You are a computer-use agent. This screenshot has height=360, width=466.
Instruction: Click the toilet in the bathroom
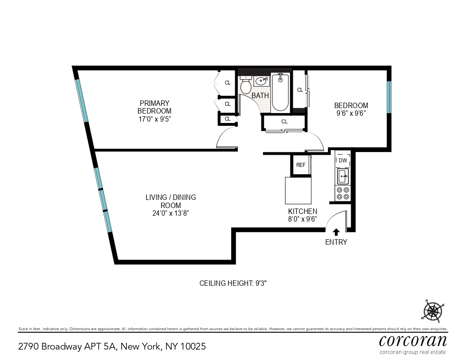click(x=246, y=85)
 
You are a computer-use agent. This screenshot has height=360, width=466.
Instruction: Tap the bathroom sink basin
click(x=261, y=81)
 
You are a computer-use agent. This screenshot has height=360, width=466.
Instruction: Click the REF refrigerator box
click(x=301, y=165)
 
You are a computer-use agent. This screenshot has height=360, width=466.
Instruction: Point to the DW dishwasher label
click(x=343, y=160)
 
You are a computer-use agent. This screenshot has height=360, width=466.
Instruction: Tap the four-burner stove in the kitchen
click(x=343, y=194)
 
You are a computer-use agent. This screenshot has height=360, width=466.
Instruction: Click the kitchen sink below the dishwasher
click(x=343, y=175)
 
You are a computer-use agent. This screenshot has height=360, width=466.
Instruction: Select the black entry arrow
click(x=336, y=232)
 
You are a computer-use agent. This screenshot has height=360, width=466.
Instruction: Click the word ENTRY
click(x=336, y=242)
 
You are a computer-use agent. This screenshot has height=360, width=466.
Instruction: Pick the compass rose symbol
click(x=433, y=311)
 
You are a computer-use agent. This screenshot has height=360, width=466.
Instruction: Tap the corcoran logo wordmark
click(x=413, y=340)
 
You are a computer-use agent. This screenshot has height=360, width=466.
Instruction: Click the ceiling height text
click(x=235, y=283)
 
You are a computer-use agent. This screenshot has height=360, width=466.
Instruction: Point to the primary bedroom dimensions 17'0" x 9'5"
click(x=154, y=119)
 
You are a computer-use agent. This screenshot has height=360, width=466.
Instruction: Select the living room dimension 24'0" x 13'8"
click(x=171, y=213)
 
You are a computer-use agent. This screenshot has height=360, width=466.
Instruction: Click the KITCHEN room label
click(x=303, y=211)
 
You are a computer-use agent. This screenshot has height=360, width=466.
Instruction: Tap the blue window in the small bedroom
click(x=389, y=97)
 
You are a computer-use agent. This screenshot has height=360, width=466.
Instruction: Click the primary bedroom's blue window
click(x=82, y=100)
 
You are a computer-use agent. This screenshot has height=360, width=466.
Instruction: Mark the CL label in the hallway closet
click(x=285, y=122)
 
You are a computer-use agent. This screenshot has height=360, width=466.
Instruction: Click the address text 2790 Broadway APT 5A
click(x=67, y=346)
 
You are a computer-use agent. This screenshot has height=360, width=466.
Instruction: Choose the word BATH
click(x=260, y=95)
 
